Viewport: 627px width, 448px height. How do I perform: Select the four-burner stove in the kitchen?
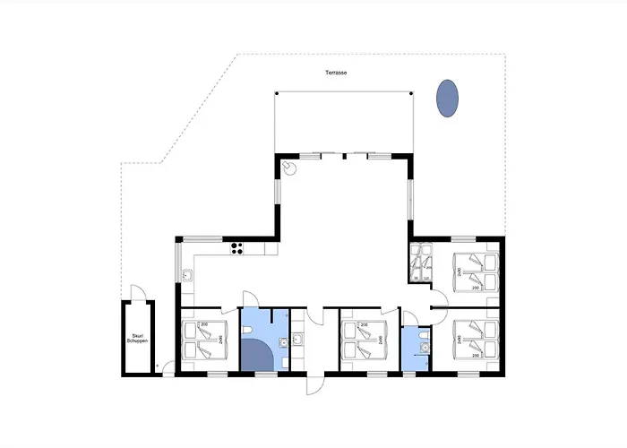click(x=237, y=248)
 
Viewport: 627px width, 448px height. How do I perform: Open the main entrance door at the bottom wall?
click(x=313, y=383)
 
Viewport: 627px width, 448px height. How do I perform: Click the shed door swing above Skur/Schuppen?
click(x=136, y=293)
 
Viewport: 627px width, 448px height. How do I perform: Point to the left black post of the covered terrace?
click(x=276, y=93)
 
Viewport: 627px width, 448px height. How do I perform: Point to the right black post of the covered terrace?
click(x=412, y=93)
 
